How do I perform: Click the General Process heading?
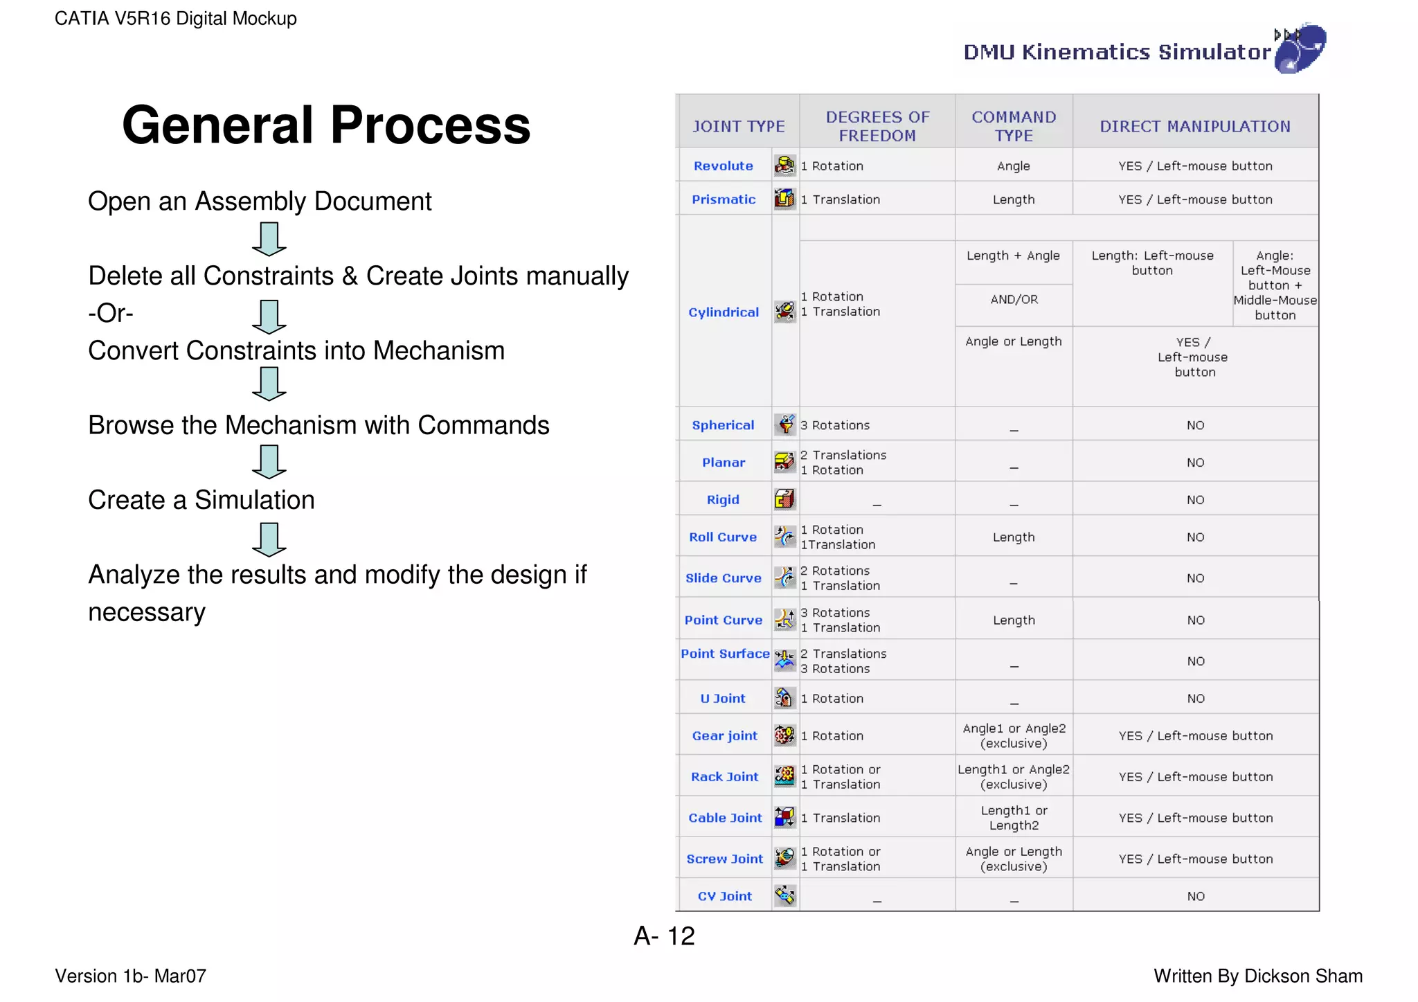pos(326,125)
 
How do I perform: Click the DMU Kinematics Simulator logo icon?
pos(1300,48)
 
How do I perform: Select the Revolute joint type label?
pos(723,166)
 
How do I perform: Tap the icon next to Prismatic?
pos(784,199)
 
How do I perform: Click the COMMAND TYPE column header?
pos(1014,126)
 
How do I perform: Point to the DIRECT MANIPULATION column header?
pos(1195,126)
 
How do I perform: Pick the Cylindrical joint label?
pos(724,312)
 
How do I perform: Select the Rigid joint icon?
pos(784,499)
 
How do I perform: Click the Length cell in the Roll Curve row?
pos(1014,537)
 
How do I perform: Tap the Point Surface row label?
pos(725,654)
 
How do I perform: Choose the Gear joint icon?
pos(784,735)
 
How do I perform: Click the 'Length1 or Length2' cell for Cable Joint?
pos(1014,818)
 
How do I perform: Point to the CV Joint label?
pos(724,896)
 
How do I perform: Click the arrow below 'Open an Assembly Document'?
pos(269,239)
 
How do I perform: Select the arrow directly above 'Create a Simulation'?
pos(269,462)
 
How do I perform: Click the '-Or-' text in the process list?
pos(111,313)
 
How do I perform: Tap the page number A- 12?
pos(664,936)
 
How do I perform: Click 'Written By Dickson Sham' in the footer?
pos(1257,976)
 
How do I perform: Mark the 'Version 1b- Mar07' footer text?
pos(131,976)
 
